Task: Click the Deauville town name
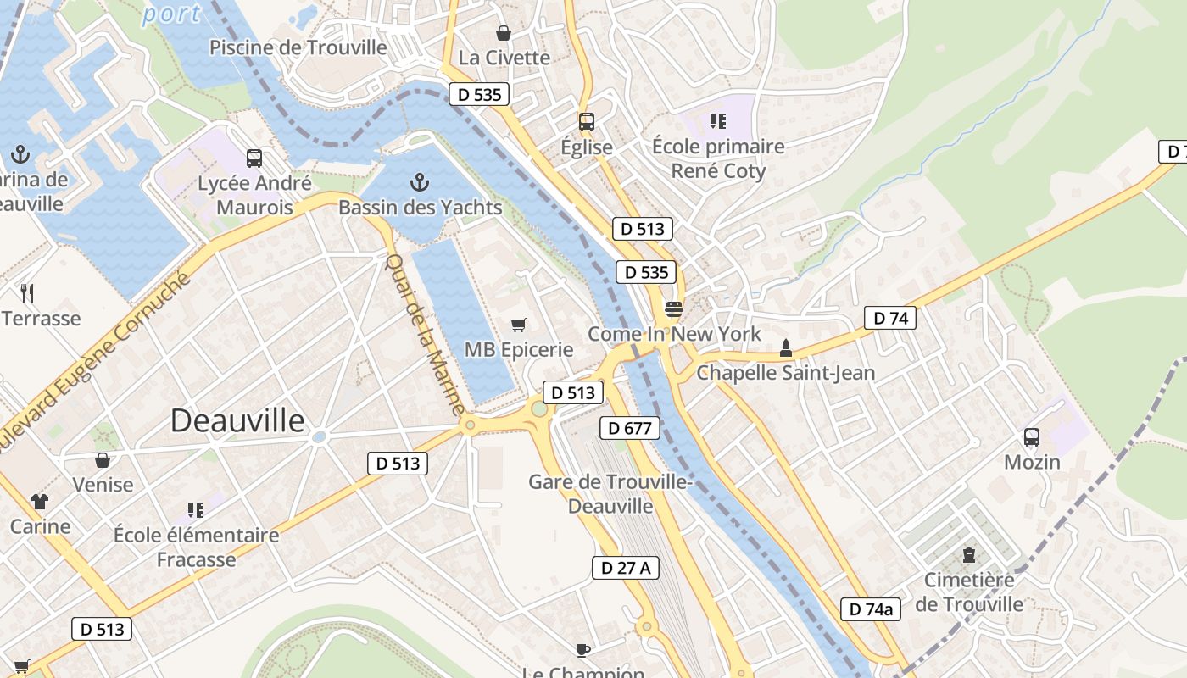237,420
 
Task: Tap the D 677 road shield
630,428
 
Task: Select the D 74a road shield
871,609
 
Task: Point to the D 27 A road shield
625,568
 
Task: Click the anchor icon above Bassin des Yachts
419,182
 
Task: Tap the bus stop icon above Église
587,122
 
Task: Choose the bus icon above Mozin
1032,437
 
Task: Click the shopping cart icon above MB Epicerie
519,325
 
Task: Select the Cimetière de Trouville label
969,592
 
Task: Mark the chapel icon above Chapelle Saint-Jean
786,347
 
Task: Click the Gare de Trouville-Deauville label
610,493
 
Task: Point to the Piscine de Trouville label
298,47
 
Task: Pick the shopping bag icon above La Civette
504,33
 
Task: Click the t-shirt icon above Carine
40,501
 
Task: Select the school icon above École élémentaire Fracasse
196,509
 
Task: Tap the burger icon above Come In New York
674,308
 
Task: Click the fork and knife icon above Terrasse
27,293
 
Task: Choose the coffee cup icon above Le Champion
583,650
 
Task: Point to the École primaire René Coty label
718,158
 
